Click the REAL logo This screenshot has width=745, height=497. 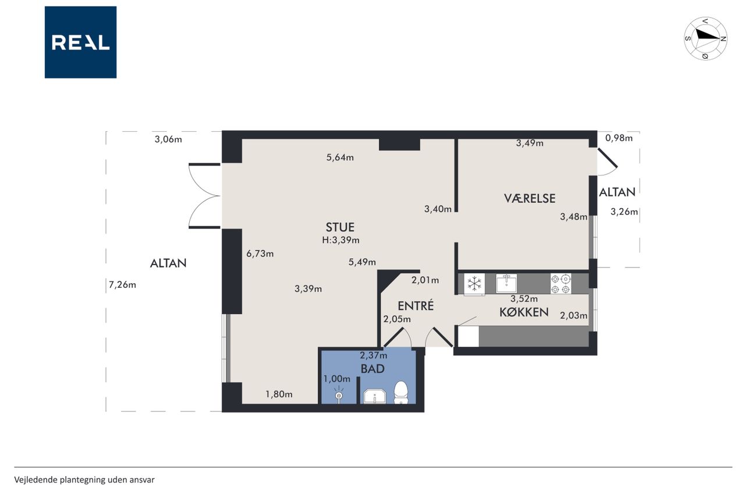(x=80, y=43)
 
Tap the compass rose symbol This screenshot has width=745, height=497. (x=705, y=38)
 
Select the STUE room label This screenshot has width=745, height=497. (x=340, y=227)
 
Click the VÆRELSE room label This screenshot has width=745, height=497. (x=530, y=199)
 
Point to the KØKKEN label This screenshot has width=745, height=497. (x=524, y=312)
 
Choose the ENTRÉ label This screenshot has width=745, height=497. (x=416, y=305)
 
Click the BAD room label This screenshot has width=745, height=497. (x=372, y=369)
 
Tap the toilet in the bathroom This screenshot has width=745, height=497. (x=401, y=393)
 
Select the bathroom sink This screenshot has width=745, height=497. (x=374, y=396)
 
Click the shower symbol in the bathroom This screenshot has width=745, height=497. (x=339, y=394)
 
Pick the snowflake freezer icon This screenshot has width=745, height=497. (x=474, y=284)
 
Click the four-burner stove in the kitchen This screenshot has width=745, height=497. (x=560, y=284)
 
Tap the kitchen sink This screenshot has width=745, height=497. (x=506, y=284)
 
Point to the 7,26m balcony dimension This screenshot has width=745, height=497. (x=122, y=285)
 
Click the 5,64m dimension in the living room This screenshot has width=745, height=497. (x=340, y=157)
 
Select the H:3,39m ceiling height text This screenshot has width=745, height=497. (x=340, y=241)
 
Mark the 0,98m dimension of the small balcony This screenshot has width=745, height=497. (x=619, y=138)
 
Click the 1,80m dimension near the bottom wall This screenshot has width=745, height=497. (x=279, y=394)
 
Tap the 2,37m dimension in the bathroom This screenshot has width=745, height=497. (x=373, y=355)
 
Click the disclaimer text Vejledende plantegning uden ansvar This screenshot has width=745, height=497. (x=84, y=480)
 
